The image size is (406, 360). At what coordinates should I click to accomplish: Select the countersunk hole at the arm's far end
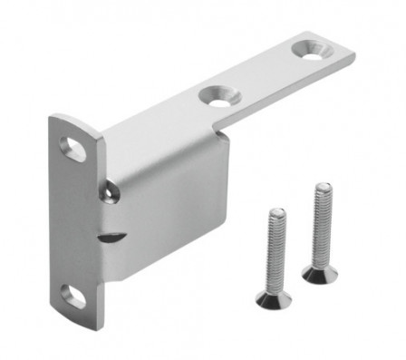pyautogui.click(x=312, y=52)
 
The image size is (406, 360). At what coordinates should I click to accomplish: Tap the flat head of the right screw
pyautogui.click(x=314, y=274)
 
